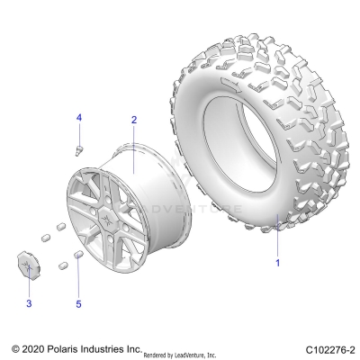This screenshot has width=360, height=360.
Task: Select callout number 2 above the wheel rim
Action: point(133,120)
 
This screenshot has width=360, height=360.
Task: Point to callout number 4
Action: point(78,119)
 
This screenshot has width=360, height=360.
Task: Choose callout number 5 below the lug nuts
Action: point(78,305)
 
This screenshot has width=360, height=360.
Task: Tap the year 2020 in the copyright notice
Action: point(36,347)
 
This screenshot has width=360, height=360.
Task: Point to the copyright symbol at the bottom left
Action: point(14,347)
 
